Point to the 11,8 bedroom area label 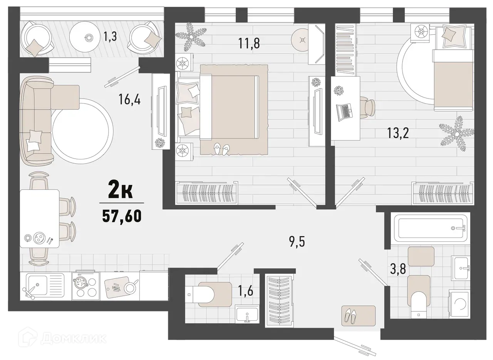click(248, 43)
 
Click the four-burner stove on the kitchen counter click(86, 286)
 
